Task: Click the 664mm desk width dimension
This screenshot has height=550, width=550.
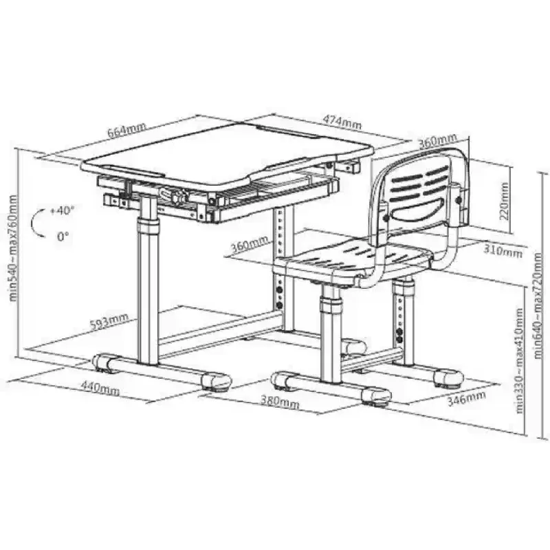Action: [126, 130]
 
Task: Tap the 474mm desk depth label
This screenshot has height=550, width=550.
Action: [342, 122]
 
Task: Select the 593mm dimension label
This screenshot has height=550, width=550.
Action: [109, 322]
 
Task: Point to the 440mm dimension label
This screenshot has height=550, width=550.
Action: [100, 388]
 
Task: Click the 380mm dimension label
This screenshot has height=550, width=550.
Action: [280, 401]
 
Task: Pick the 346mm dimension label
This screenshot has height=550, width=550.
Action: [467, 399]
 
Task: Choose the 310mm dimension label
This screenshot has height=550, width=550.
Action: [503, 250]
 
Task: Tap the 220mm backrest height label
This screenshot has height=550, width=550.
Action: [504, 201]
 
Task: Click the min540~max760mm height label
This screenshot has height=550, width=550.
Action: [13, 248]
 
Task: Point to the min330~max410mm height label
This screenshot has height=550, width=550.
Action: [520, 360]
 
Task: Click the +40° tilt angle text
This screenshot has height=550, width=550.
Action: [63, 211]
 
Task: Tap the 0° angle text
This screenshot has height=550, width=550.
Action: [63, 236]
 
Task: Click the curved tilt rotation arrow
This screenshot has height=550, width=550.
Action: [33, 223]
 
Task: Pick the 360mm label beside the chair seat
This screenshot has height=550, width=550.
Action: [250, 244]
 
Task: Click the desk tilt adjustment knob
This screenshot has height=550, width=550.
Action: [178, 195]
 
